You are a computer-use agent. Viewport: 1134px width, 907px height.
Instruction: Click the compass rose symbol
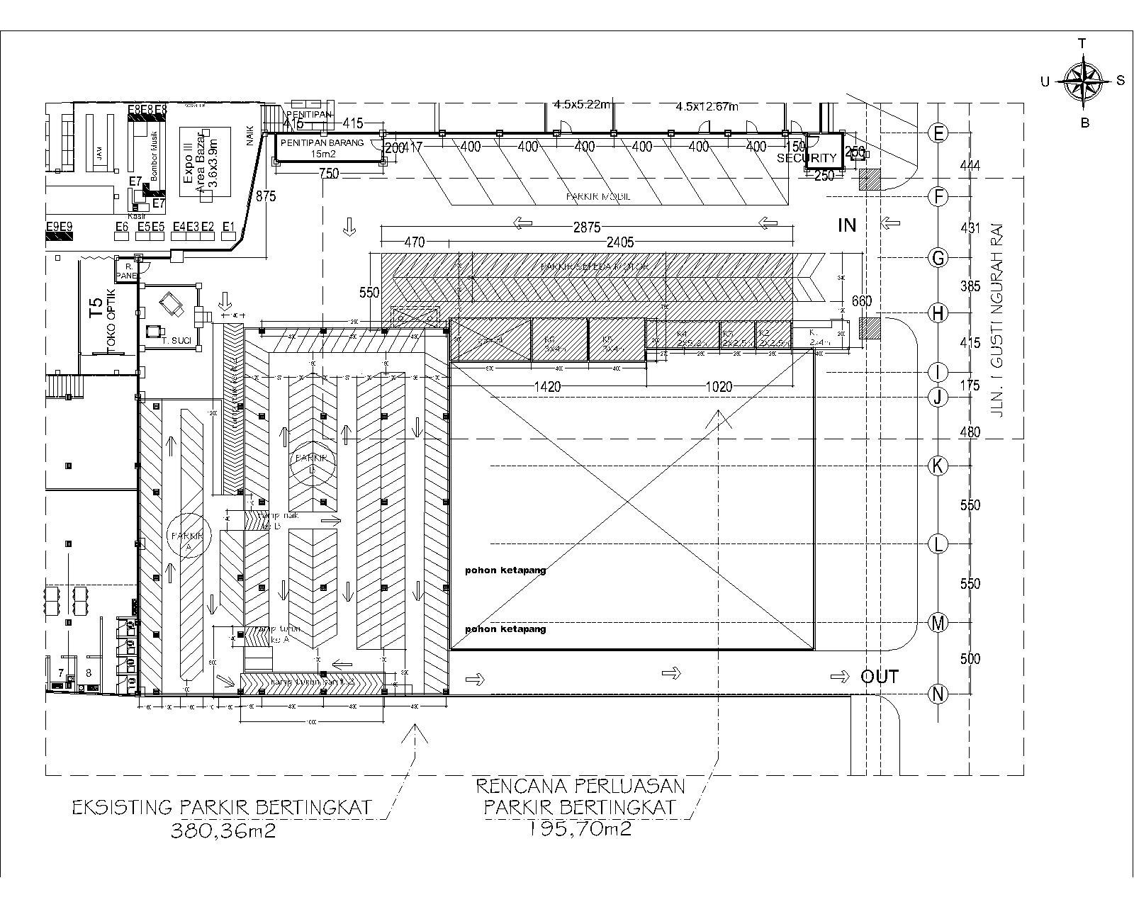coord(1082,81)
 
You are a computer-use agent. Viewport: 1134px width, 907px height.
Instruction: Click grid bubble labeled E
coord(938,133)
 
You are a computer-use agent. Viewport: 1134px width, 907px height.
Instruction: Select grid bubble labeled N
coord(938,694)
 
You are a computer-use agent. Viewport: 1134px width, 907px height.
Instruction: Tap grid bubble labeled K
coord(938,466)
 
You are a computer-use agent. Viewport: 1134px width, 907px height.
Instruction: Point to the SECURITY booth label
coord(807,158)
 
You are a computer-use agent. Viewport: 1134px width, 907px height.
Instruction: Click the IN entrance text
coord(847,225)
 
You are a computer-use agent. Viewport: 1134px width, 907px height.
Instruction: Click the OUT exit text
coord(880,677)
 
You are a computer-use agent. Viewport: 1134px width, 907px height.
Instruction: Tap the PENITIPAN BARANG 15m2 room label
coord(322,147)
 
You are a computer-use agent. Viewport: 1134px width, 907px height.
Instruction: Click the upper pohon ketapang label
coord(505,570)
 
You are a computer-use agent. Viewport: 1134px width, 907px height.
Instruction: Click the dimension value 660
coord(861,301)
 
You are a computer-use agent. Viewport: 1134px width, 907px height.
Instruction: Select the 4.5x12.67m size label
coord(707,107)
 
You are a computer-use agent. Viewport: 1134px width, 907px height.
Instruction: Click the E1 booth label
coord(228,227)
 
